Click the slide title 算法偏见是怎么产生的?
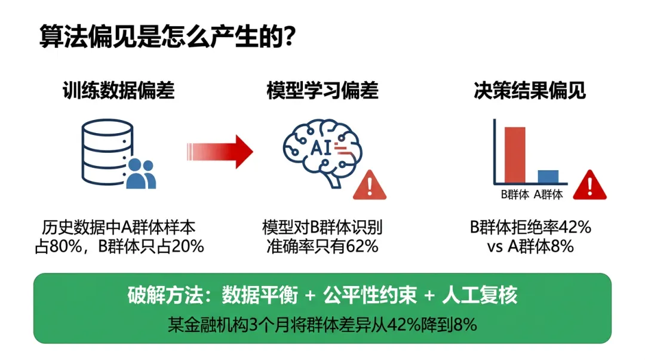click(x=167, y=37)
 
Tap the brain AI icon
click(x=317, y=152)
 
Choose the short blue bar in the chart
click(x=548, y=177)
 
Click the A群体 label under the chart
click(x=548, y=194)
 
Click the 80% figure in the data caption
click(x=70, y=246)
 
